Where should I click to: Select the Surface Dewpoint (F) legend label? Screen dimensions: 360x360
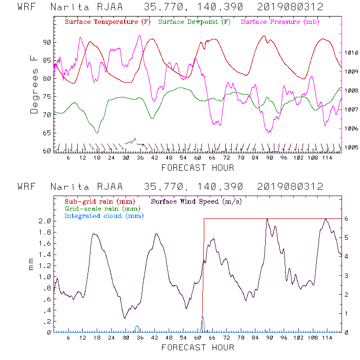(x=194, y=22)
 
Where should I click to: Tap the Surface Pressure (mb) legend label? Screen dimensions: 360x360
(x=277, y=22)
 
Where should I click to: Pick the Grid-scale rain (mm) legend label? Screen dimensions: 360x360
(x=100, y=208)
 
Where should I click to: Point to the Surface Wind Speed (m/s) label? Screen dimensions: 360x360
(x=196, y=201)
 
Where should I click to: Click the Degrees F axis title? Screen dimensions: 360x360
(x=34, y=84)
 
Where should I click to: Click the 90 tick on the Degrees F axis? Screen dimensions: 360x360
(x=47, y=42)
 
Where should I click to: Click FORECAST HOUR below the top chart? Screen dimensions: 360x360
(x=198, y=168)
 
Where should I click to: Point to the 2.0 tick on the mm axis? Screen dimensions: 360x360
(x=45, y=221)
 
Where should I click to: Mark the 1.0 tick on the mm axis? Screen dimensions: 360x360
(x=45, y=277)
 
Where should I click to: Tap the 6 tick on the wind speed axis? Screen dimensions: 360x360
(x=346, y=219)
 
